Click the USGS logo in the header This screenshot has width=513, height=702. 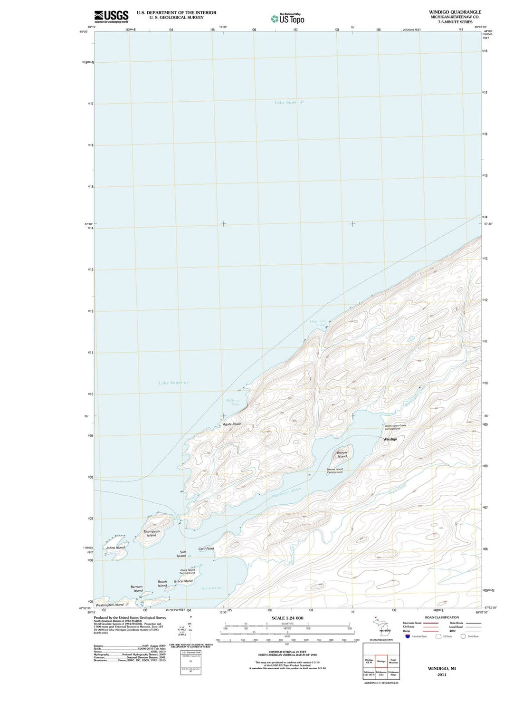point(111,16)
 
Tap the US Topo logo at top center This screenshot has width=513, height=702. point(288,19)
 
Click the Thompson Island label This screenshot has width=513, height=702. point(152,533)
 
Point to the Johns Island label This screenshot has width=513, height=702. point(115,548)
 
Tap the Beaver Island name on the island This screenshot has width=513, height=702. point(342,454)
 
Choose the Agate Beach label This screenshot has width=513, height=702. point(232,424)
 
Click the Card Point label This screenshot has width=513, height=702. point(206,548)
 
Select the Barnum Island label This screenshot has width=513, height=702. point(137,588)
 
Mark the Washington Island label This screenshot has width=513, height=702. point(110,605)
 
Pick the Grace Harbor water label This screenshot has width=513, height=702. point(212,588)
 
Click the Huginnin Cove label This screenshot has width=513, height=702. point(317,323)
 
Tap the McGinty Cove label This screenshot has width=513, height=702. point(233,402)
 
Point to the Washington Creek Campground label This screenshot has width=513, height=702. point(396,427)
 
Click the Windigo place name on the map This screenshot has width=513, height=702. point(390,439)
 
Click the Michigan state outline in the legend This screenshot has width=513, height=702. point(382,625)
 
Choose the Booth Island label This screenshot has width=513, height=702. point(162,584)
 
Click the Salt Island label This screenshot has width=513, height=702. point(182,554)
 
